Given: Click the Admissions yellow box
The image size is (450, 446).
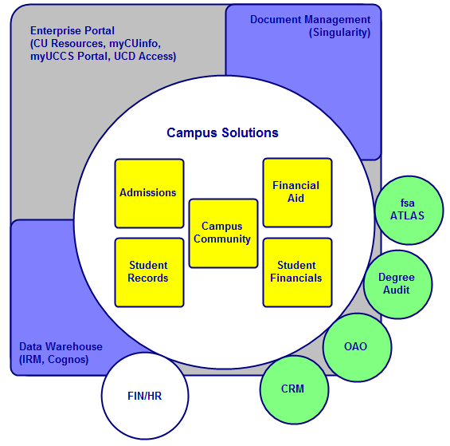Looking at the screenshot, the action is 149,193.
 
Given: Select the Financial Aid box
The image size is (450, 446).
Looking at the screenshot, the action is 297,192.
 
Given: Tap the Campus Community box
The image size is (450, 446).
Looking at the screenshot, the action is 223,233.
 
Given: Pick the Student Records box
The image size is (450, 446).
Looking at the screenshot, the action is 149,272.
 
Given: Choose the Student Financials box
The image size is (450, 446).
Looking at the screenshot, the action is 297,272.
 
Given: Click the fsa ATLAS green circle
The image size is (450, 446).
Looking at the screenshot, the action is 409,210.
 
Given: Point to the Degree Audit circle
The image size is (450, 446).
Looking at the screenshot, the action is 397,284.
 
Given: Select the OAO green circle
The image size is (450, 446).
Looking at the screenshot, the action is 357,347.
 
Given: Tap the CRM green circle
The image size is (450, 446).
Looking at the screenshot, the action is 294,389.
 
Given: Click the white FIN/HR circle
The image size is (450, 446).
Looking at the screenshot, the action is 145,396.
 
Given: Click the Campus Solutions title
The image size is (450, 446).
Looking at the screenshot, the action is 222,133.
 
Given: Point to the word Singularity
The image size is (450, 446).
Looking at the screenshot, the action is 339,32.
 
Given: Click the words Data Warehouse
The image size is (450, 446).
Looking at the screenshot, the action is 61,346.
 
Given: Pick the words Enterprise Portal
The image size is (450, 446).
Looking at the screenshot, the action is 72,31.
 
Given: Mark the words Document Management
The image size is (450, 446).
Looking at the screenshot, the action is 311,20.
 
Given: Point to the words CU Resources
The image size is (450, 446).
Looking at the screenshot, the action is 68,43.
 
